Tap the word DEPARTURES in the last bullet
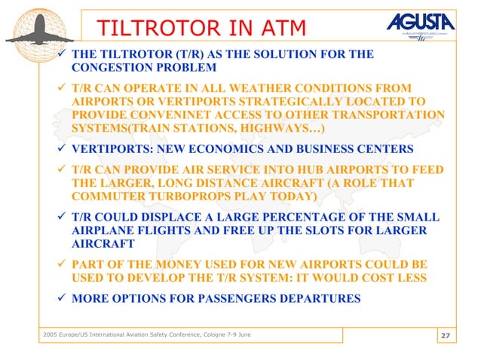click(319, 297)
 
